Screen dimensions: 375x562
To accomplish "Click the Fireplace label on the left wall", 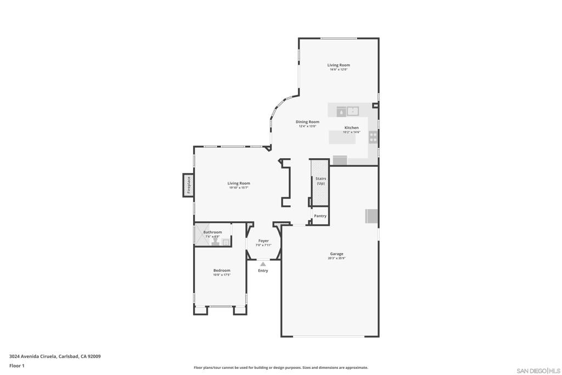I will (188, 185).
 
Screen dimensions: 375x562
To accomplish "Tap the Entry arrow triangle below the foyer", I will (263, 264).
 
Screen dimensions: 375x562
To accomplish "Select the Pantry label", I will (320, 216).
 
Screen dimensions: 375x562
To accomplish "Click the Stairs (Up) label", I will (321, 181).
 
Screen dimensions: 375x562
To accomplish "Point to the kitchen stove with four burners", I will (373, 137).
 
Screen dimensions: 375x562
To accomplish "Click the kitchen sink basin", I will (352, 111).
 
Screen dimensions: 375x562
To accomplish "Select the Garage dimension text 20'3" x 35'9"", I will (336, 258).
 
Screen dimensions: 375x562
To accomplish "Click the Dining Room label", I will (307, 122).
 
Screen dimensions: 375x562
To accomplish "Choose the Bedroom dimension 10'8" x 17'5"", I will (222, 275).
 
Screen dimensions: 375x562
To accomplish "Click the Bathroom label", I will (212, 232).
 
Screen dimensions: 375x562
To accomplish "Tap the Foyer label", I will (264, 240).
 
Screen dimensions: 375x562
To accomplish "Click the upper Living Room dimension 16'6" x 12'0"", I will (339, 70).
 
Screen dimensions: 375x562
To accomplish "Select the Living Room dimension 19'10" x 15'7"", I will (239, 188).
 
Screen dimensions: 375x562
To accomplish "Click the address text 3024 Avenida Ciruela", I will (33, 356).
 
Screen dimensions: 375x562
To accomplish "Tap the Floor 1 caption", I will (17, 366).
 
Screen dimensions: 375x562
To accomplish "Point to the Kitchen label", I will (351, 128).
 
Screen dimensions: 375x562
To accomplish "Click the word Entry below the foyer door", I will (263, 271).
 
